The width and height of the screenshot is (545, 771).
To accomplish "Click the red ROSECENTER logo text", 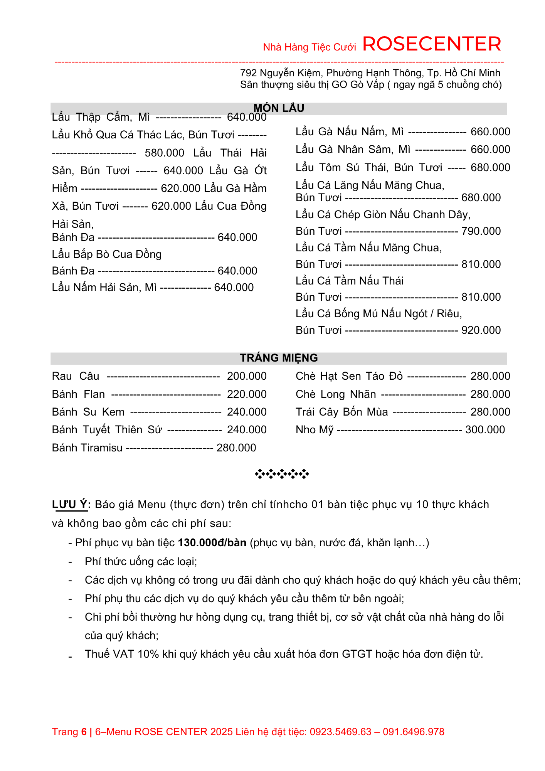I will coord(432,44).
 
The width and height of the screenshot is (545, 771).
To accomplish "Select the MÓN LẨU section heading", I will coord(279,108).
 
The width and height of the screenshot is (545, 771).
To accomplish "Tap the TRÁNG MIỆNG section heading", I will coord(279,358).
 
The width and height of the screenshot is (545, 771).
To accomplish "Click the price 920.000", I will coord(481,330).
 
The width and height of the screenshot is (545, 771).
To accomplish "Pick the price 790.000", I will coord(481,231).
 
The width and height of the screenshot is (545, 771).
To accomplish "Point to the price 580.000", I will coord(165,153).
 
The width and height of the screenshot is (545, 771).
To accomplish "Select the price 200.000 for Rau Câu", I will coord(247,376).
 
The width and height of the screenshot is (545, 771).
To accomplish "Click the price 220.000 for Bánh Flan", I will coord(247,394).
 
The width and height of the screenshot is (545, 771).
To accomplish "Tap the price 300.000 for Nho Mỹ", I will coord(485,430).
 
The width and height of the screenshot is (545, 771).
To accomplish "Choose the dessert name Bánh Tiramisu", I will coord(87,448).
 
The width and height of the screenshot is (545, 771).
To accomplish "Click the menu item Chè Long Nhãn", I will coord(336,394).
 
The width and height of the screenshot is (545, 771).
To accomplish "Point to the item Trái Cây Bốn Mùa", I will coord(342,412).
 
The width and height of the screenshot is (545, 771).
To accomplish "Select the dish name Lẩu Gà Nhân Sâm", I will coord(353,150).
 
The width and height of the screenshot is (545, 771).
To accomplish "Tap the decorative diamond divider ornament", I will coord(282,474).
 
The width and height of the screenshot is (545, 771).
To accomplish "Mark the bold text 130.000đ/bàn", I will coord(212,543).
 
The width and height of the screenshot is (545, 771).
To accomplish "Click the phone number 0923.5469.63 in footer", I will coord(341,732).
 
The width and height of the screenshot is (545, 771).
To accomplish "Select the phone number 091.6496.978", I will coord(414,732).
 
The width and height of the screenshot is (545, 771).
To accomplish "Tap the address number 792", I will coord(248,73).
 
